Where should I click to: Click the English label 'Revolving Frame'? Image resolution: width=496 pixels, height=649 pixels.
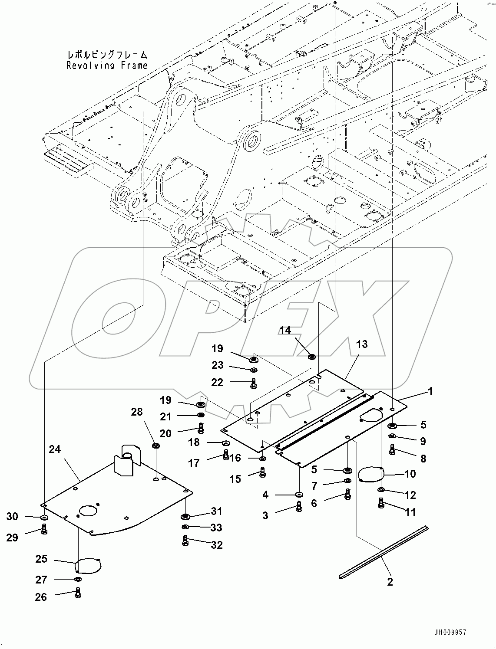click(107, 66)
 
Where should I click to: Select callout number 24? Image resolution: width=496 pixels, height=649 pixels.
click(55, 449)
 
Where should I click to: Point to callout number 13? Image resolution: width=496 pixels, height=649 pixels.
click(361, 344)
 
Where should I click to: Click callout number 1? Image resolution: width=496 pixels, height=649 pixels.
click(430, 391)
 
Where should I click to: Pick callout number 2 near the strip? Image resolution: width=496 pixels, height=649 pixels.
click(390, 582)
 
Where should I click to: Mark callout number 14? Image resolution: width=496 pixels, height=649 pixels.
click(285, 331)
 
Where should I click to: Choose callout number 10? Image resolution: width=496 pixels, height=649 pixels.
click(410, 473)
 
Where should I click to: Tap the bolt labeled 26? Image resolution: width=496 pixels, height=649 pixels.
click(78, 593)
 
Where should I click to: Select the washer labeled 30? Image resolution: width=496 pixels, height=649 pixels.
click(44, 517)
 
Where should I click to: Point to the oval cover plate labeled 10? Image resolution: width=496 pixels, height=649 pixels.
click(370, 474)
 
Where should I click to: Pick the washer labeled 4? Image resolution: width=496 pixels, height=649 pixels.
click(299, 494)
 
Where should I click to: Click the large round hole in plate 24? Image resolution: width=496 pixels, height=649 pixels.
click(90, 510)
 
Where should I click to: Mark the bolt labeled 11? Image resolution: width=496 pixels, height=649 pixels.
click(381, 504)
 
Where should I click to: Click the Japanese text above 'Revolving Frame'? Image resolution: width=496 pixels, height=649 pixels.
click(107, 55)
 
